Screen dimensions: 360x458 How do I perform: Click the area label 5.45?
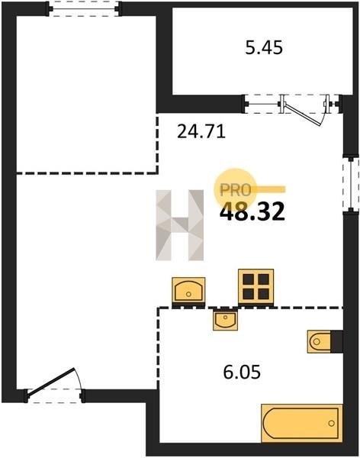(264, 48)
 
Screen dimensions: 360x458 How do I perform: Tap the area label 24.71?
(201, 131)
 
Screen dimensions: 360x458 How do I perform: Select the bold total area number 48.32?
(252, 211)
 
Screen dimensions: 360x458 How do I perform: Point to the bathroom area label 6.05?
(242, 373)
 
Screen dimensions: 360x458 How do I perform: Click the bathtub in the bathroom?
(302, 423)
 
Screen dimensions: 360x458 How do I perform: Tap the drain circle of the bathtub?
(331, 423)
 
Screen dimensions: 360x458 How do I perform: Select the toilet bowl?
(319, 341)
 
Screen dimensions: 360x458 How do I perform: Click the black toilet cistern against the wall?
(336, 341)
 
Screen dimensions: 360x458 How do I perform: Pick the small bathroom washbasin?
(225, 320)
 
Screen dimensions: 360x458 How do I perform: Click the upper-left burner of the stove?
(249, 279)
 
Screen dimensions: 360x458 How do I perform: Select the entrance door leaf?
(51, 382)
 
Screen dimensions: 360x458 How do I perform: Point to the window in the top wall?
(84, 9)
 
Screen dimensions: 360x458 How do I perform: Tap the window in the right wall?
(350, 184)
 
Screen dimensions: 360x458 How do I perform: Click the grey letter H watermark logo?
(180, 225)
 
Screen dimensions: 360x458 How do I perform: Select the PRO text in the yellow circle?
(236, 190)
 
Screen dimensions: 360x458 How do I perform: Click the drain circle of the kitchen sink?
(188, 294)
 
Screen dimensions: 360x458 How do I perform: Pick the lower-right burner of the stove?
(264, 294)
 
